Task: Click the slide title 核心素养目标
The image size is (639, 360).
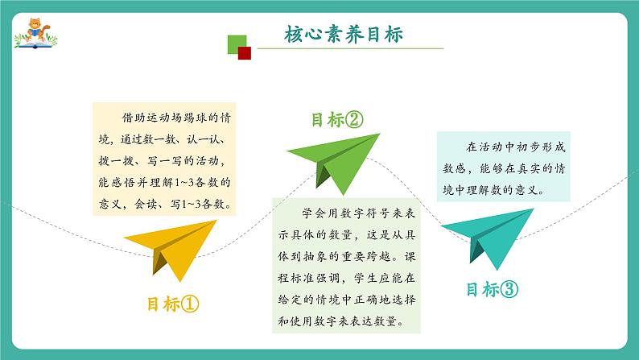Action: (344, 35)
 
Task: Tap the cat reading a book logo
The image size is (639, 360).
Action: (36, 34)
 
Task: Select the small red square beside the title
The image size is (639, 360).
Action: (244, 53)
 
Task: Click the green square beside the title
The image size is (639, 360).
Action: (237, 44)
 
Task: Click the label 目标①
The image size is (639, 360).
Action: (173, 304)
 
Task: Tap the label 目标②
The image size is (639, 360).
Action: (337, 120)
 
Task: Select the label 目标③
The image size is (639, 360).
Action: (493, 289)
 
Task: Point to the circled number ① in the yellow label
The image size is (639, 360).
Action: (190, 304)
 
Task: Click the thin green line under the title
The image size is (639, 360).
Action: (350, 48)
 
